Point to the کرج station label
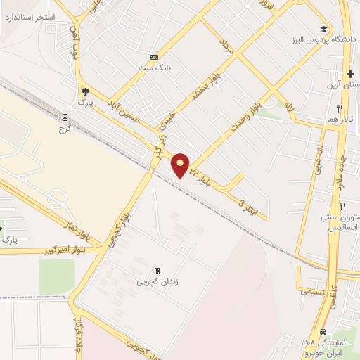(x=65, y=129)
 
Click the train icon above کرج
(x=65, y=117)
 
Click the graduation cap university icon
(x=323, y=29)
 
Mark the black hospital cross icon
(x=350, y=73)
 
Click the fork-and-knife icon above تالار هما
(x=340, y=109)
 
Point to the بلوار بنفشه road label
(x=194, y=92)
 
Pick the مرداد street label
(x=226, y=48)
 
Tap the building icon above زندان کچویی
(x=156, y=271)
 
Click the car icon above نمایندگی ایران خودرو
(x=323, y=332)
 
